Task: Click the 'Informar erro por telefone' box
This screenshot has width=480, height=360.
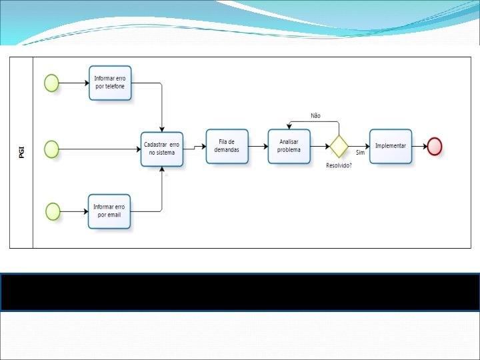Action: [111, 83]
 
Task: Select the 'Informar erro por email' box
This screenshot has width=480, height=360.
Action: [109, 211]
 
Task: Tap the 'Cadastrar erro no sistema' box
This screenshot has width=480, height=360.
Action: [162, 149]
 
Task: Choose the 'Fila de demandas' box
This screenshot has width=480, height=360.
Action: [227, 145]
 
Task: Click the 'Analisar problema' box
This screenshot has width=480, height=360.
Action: [289, 145]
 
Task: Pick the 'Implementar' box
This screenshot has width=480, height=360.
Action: [391, 145]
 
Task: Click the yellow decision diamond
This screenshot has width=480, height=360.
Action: [339, 145]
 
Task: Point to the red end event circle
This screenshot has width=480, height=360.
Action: [435, 145]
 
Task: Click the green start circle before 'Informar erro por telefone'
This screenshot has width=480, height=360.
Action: [51, 83]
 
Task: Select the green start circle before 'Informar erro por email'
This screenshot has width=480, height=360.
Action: [53, 211]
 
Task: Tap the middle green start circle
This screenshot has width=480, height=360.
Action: [51, 149]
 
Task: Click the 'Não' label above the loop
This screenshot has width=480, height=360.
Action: [315, 115]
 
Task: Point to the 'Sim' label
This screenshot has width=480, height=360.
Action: [360, 153]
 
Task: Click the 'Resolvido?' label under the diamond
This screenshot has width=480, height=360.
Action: [339, 165]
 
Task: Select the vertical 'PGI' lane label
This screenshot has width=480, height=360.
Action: [21, 152]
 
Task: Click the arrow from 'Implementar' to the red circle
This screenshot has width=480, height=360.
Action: [419, 145]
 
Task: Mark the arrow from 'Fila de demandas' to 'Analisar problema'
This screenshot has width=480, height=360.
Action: [258, 145]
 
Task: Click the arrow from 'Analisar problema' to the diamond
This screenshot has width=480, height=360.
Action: [320, 145]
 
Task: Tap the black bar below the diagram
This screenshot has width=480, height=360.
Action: [240, 292]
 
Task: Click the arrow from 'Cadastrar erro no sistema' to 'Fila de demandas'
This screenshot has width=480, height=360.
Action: [194, 147]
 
